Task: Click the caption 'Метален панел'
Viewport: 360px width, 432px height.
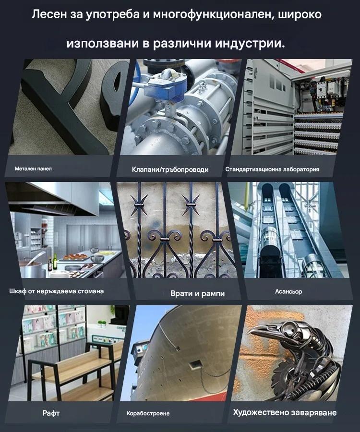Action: pos(33,168)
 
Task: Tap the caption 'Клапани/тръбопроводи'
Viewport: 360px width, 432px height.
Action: pos(170,169)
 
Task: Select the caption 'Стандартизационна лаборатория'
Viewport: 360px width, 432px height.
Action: pos(272,169)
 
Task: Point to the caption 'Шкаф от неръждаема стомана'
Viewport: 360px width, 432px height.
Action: pos(57,291)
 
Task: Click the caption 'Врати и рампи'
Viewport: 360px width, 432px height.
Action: pos(197,293)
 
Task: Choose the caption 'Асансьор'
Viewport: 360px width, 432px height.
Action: pos(288,291)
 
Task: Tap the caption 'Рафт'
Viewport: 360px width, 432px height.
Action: pos(51,413)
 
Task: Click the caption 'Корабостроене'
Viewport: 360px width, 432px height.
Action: pos(148,413)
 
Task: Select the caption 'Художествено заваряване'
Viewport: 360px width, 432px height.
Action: pos(285,412)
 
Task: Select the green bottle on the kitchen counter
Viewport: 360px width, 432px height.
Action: pos(55,261)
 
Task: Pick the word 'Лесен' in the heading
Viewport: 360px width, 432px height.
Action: pos(49,14)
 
